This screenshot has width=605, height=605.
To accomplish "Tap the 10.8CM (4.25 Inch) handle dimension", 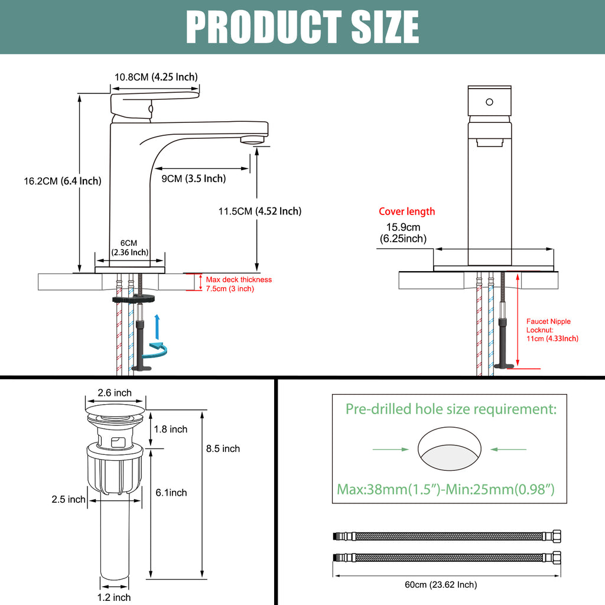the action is (156, 77).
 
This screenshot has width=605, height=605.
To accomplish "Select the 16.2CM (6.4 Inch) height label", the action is (63, 181).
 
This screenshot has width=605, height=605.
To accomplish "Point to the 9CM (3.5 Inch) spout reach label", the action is (194, 178).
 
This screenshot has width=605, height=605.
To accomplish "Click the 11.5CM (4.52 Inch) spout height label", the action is (260, 211).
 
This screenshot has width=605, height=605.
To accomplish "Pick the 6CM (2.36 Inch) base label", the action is (129, 248).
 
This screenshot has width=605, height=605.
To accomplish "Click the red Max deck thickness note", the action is (239, 284).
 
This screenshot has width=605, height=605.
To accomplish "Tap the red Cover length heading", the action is (406, 212).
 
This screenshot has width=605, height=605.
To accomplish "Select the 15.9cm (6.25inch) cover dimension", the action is (403, 233).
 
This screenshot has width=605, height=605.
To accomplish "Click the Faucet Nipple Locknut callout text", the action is (552, 330).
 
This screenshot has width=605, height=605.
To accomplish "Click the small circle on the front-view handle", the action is (489, 102).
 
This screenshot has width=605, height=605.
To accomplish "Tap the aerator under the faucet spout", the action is (253, 139).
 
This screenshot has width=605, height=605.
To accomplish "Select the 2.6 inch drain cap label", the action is (115, 393).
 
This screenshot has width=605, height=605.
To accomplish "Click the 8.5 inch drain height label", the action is (223, 449).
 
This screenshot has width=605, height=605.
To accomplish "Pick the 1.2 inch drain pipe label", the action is (114, 597).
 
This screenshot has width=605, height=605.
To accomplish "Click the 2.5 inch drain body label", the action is (69, 499).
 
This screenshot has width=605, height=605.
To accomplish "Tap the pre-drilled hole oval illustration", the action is (450, 449).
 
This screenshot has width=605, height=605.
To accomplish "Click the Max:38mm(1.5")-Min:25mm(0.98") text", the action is (445, 489).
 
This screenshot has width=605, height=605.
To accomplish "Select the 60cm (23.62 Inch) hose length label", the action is (441, 584).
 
